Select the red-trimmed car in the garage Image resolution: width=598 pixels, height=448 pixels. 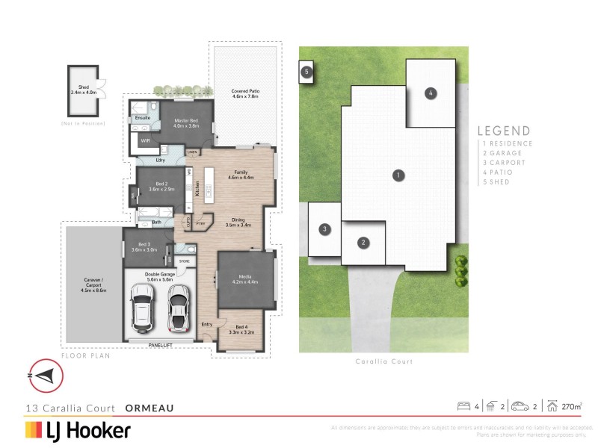point(178,308)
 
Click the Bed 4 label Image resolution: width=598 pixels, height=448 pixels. point(240,329)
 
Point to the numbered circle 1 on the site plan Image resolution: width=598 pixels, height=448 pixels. point(399,175)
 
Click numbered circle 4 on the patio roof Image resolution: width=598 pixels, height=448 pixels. point(431,93)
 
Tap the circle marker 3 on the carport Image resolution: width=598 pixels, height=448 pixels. point(325,229)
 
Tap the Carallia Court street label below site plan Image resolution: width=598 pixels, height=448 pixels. point(383,361)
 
